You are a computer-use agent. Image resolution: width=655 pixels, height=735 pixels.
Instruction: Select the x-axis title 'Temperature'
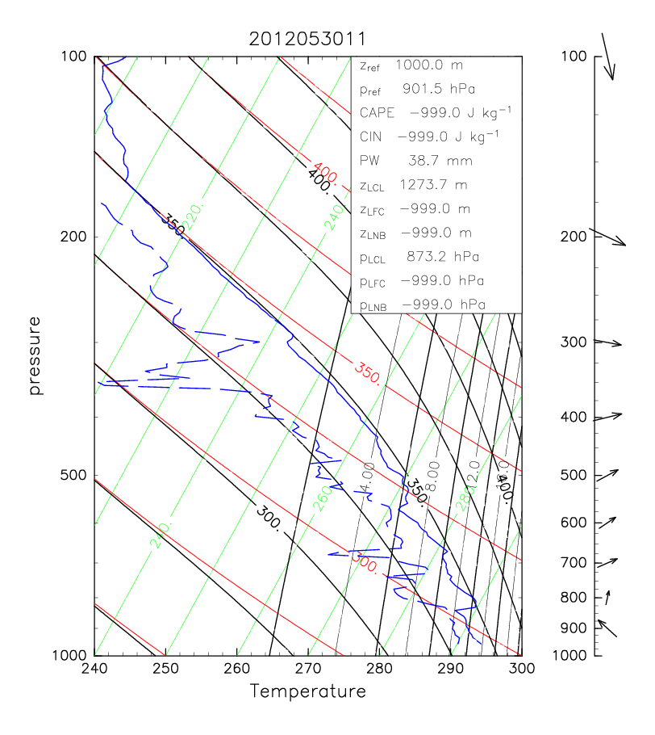tap(307, 691)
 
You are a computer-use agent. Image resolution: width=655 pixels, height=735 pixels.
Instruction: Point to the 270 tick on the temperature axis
tap(308, 669)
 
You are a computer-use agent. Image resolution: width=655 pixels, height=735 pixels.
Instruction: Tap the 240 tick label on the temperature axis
tap(94, 669)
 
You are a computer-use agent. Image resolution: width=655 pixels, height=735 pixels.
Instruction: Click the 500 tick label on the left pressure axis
tap(74, 475)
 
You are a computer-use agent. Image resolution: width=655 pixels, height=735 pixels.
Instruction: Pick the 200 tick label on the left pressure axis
tap(74, 237)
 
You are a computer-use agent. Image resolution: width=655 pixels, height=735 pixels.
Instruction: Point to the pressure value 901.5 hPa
tap(440, 88)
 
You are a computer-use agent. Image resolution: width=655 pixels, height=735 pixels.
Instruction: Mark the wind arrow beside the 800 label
tap(607, 598)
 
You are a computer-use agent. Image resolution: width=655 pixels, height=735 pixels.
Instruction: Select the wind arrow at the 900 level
tap(607, 628)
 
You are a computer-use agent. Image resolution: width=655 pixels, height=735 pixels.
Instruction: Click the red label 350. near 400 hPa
tap(367, 372)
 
